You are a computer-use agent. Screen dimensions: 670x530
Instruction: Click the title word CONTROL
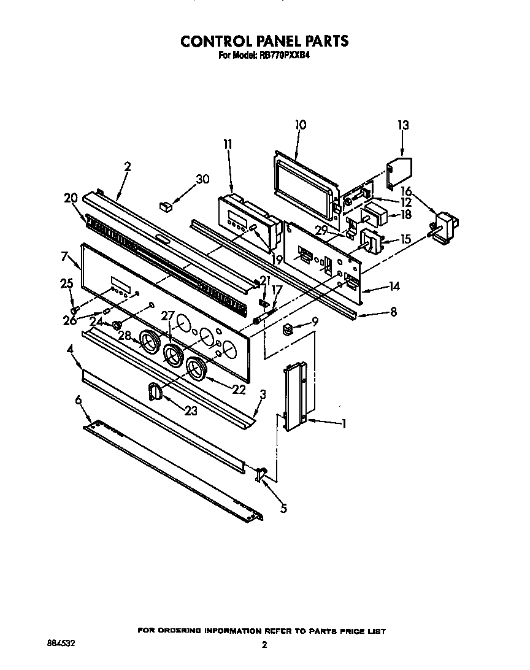[x=216, y=41]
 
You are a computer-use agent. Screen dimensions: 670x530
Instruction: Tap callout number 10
[x=300, y=125]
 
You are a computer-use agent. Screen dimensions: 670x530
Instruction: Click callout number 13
[x=402, y=125]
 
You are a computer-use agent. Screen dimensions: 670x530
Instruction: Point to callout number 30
[x=202, y=179]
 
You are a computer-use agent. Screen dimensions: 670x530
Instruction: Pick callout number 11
[x=228, y=144]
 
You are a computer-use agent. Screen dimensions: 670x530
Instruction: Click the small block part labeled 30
[x=165, y=206]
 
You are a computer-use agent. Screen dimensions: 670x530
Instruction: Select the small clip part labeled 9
[x=287, y=330]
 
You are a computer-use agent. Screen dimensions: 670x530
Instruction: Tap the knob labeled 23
[x=155, y=391]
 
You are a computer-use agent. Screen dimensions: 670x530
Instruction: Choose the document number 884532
[x=62, y=643]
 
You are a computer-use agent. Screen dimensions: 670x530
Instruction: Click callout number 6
[x=78, y=400]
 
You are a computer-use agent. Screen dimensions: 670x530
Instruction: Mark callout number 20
[x=71, y=198]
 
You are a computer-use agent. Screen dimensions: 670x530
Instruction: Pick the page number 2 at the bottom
[x=264, y=644]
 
